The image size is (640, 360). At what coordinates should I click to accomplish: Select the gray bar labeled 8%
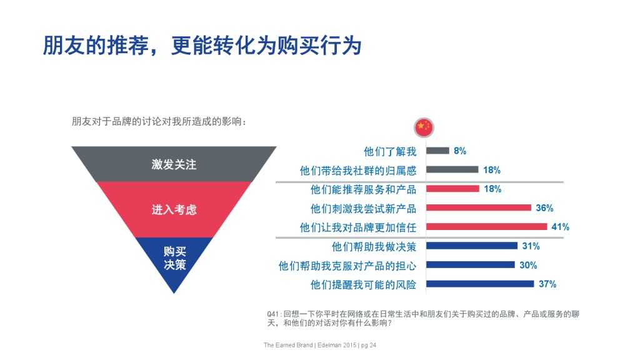tap(437, 151)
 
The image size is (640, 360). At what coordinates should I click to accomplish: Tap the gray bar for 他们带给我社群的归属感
tap(452, 169)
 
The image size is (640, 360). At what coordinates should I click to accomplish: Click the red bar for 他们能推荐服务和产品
tap(452, 189)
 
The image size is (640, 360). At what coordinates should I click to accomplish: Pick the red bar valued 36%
tap(478, 207)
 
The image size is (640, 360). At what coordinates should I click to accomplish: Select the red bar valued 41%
tap(486, 227)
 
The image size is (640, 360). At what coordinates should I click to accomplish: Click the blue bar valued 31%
tap(472, 246)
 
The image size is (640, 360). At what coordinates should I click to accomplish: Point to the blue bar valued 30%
tap(471, 265)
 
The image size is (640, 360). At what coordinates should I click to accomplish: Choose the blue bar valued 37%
tap(480, 284)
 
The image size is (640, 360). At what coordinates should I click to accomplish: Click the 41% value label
tap(560, 227)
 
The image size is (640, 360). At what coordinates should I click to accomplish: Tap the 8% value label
tap(460, 151)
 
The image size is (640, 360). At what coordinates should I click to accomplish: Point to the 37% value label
tap(547, 284)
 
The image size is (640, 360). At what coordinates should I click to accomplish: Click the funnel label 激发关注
tap(174, 165)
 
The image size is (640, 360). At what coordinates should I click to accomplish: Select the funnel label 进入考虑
tap(174, 209)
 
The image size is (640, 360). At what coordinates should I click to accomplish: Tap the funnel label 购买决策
tap(174, 257)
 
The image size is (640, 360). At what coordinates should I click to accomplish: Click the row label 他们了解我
tap(389, 151)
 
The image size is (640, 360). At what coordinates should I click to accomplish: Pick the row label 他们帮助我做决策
tap(374, 246)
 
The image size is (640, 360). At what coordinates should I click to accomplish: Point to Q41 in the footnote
tap(273, 313)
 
